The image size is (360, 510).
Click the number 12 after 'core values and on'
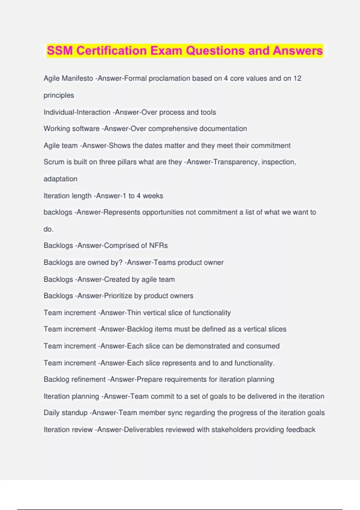tap(297, 78)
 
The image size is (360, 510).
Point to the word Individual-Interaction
tap(77, 112)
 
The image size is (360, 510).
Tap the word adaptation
tap(60, 179)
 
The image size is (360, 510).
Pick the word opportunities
tap(163, 212)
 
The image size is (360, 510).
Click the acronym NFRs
tap(158, 245)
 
